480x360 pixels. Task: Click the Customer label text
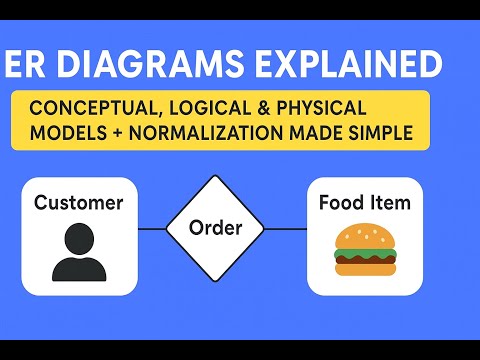tap(79, 203)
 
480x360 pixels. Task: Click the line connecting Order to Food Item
tap(286, 228)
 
